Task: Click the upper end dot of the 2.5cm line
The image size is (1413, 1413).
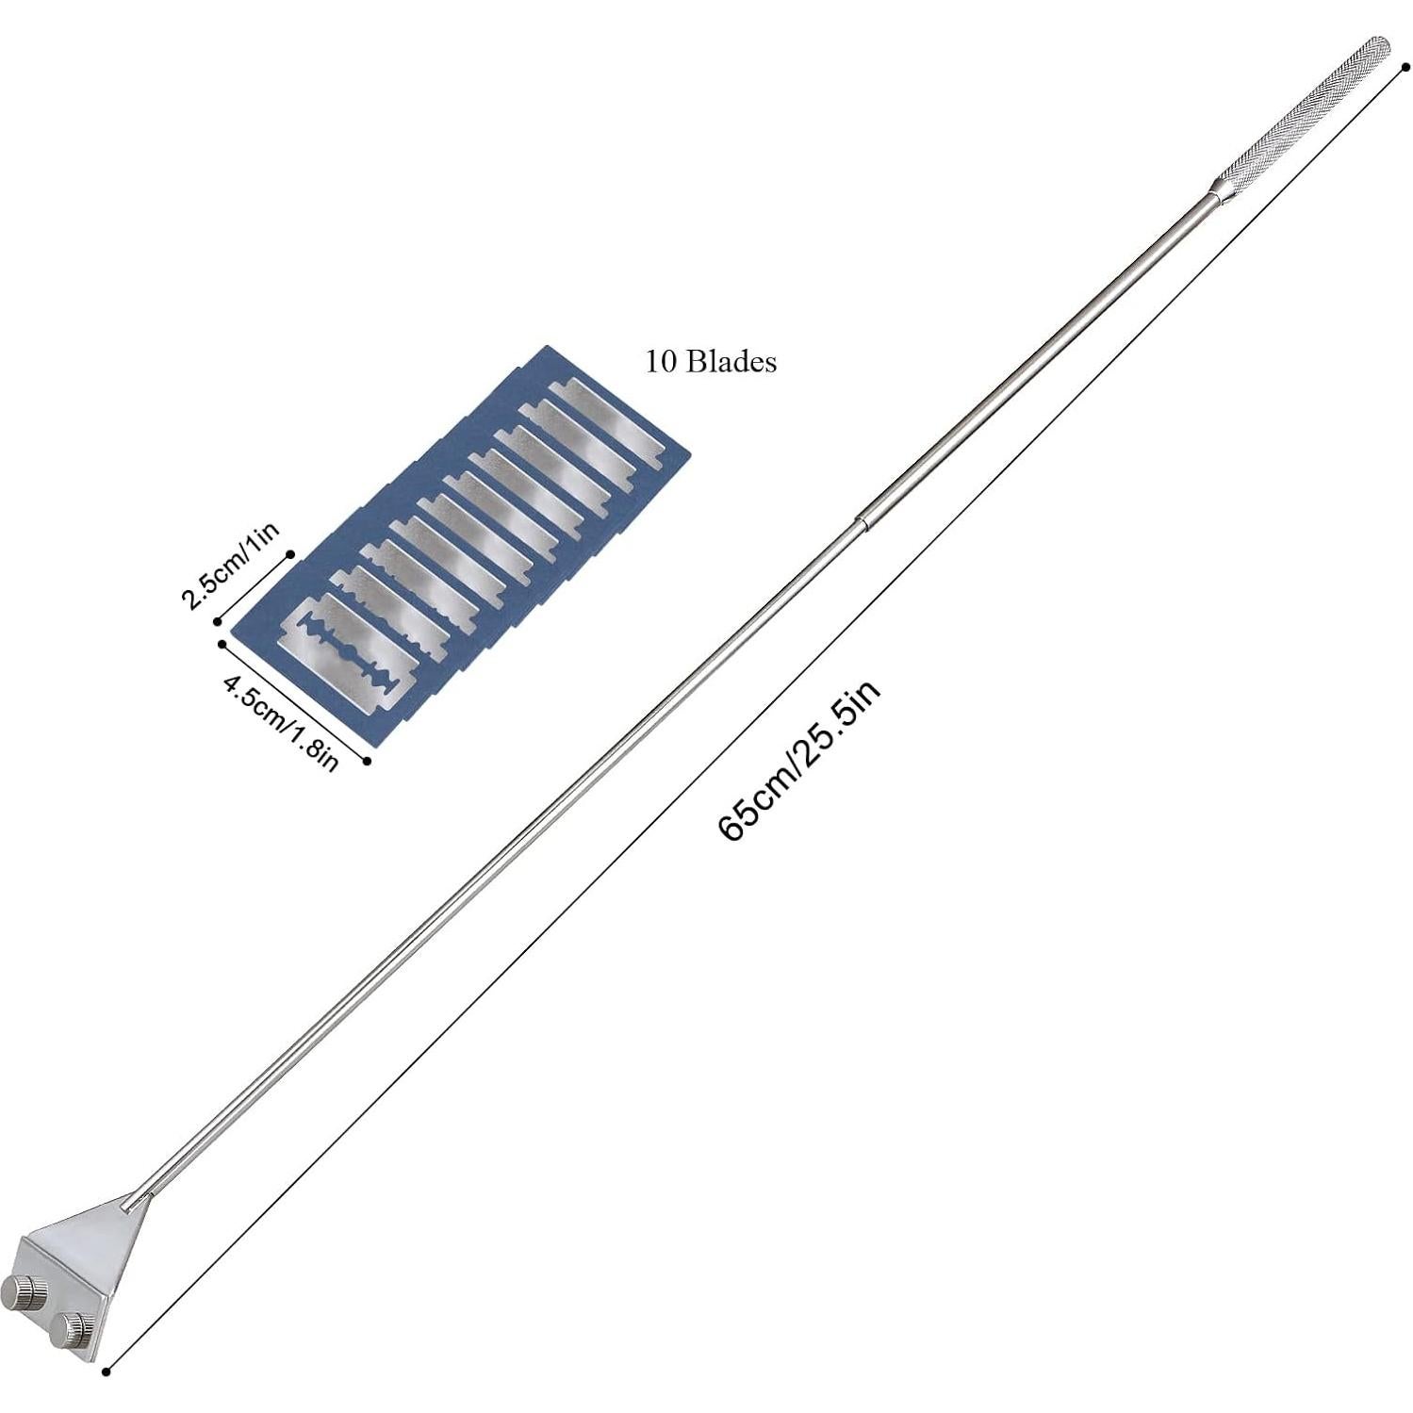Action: click(x=290, y=554)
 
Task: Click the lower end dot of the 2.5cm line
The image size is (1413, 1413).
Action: click(x=219, y=620)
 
